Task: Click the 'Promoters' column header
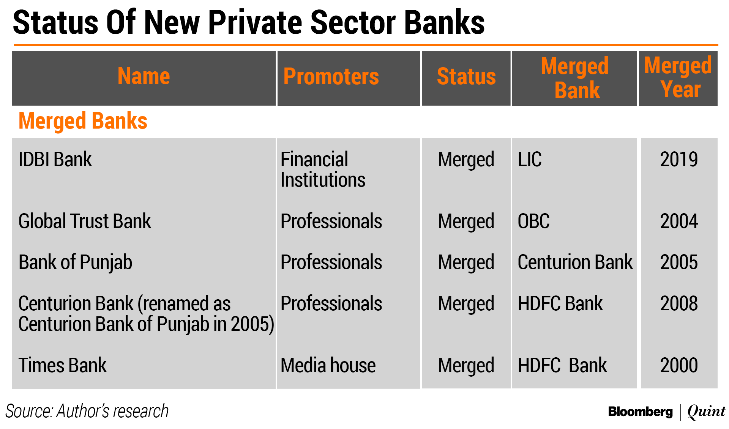coord(331,76)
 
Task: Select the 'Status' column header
coord(466,76)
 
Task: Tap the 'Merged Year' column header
coord(678,77)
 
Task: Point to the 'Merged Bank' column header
coord(575,78)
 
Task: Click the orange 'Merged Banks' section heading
coord(83,121)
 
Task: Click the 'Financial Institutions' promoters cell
coord(323,169)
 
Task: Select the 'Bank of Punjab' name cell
coord(75,262)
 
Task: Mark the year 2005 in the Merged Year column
coord(679,262)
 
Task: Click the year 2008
coord(679,303)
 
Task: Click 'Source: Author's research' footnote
coord(87,411)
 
